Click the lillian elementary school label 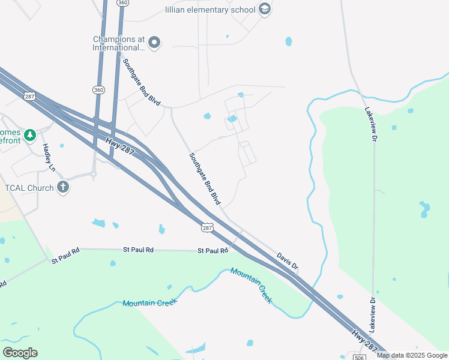coord(210,9)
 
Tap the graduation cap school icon coord(265,9)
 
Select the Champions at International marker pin coord(154,42)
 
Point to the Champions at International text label coord(119,43)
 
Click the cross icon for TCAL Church coord(63,188)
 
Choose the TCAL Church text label coord(29,188)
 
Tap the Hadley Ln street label coord(48,158)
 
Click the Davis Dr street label coord(288,259)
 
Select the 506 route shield coord(359,358)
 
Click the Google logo coord(20,353)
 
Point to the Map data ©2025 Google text coord(412,355)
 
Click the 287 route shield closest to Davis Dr coord(207,228)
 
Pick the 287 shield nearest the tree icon coord(29,96)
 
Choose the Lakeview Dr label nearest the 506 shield coord(373,315)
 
